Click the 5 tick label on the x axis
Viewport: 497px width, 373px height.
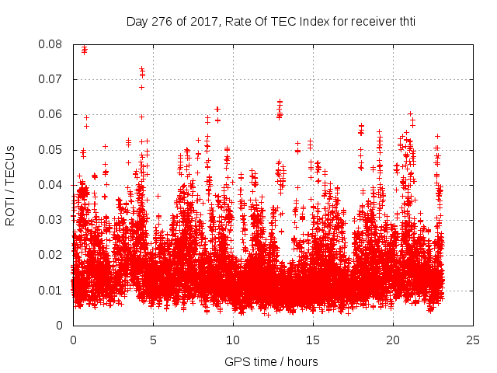pyautogui.click(x=153, y=340)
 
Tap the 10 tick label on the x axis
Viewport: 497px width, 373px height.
pyautogui.click(x=233, y=340)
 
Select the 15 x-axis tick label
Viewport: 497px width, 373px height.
pyautogui.click(x=313, y=340)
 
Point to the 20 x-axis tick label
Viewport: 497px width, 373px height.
pyautogui.click(x=393, y=340)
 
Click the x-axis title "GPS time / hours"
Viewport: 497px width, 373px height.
pyautogui.click(x=271, y=361)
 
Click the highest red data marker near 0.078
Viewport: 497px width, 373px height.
pyautogui.click(x=84, y=48)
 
